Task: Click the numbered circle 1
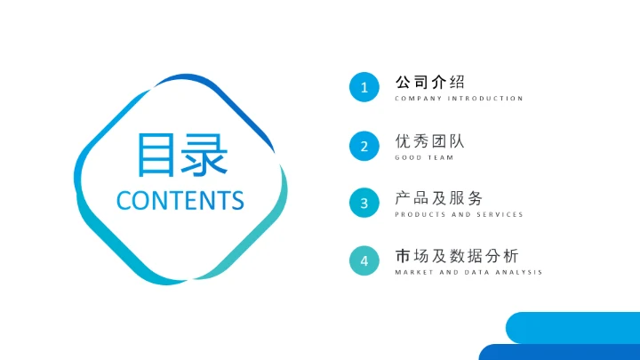(x=364, y=87)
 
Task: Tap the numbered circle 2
(x=364, y=146)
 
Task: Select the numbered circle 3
(x=364, y=204)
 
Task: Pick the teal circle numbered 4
(x=364, y=261)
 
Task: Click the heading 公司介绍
(x=430, y=82)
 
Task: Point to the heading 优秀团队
(x=430, y=140)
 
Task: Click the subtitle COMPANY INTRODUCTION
(x=460, y=99)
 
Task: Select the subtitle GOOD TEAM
(x=424, y=157)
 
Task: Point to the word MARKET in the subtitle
(x=412, y=272)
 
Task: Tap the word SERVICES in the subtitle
(x=500, y=215)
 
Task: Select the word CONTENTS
(x=180, y=200)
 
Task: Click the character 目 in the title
(x=156, y=154)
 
